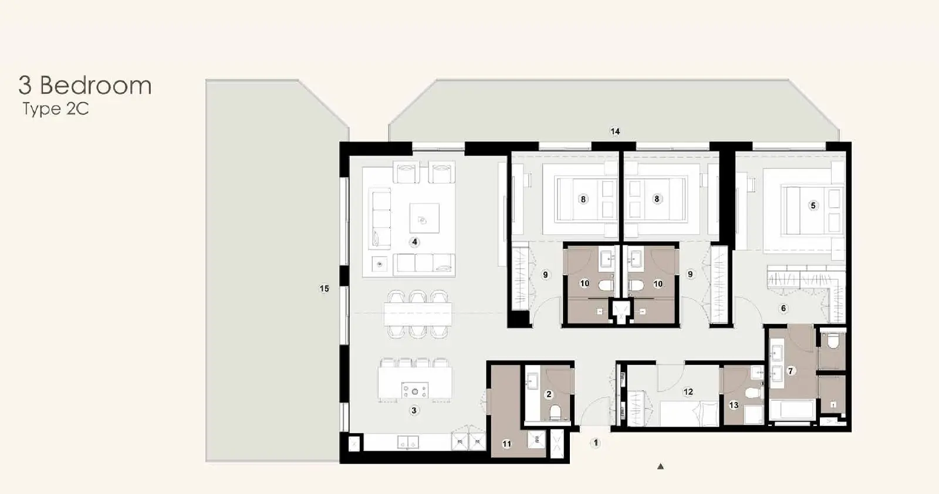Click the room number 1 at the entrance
pos(596,443)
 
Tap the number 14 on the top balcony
pos(615,131)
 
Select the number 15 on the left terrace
pos(324,288)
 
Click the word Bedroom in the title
pos(96,86)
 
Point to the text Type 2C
pos(56,109)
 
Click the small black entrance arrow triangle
pos(661,466)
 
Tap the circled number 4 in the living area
pos(414,242)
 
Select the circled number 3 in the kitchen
pos(414,410)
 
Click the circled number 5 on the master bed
pos(813,205)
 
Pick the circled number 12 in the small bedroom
pos(688,392)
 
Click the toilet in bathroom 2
pos(555,412)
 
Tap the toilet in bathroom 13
pos(753,394)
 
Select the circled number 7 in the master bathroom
pos(791,371)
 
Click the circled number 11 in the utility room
pos(507,444)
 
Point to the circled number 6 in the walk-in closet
pos(783,309)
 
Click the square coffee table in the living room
pos(424,218)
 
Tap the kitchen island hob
pos(415,391)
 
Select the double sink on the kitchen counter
pos(114,442)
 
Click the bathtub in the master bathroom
pos(792,410)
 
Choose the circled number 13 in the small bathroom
pos(734,405)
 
